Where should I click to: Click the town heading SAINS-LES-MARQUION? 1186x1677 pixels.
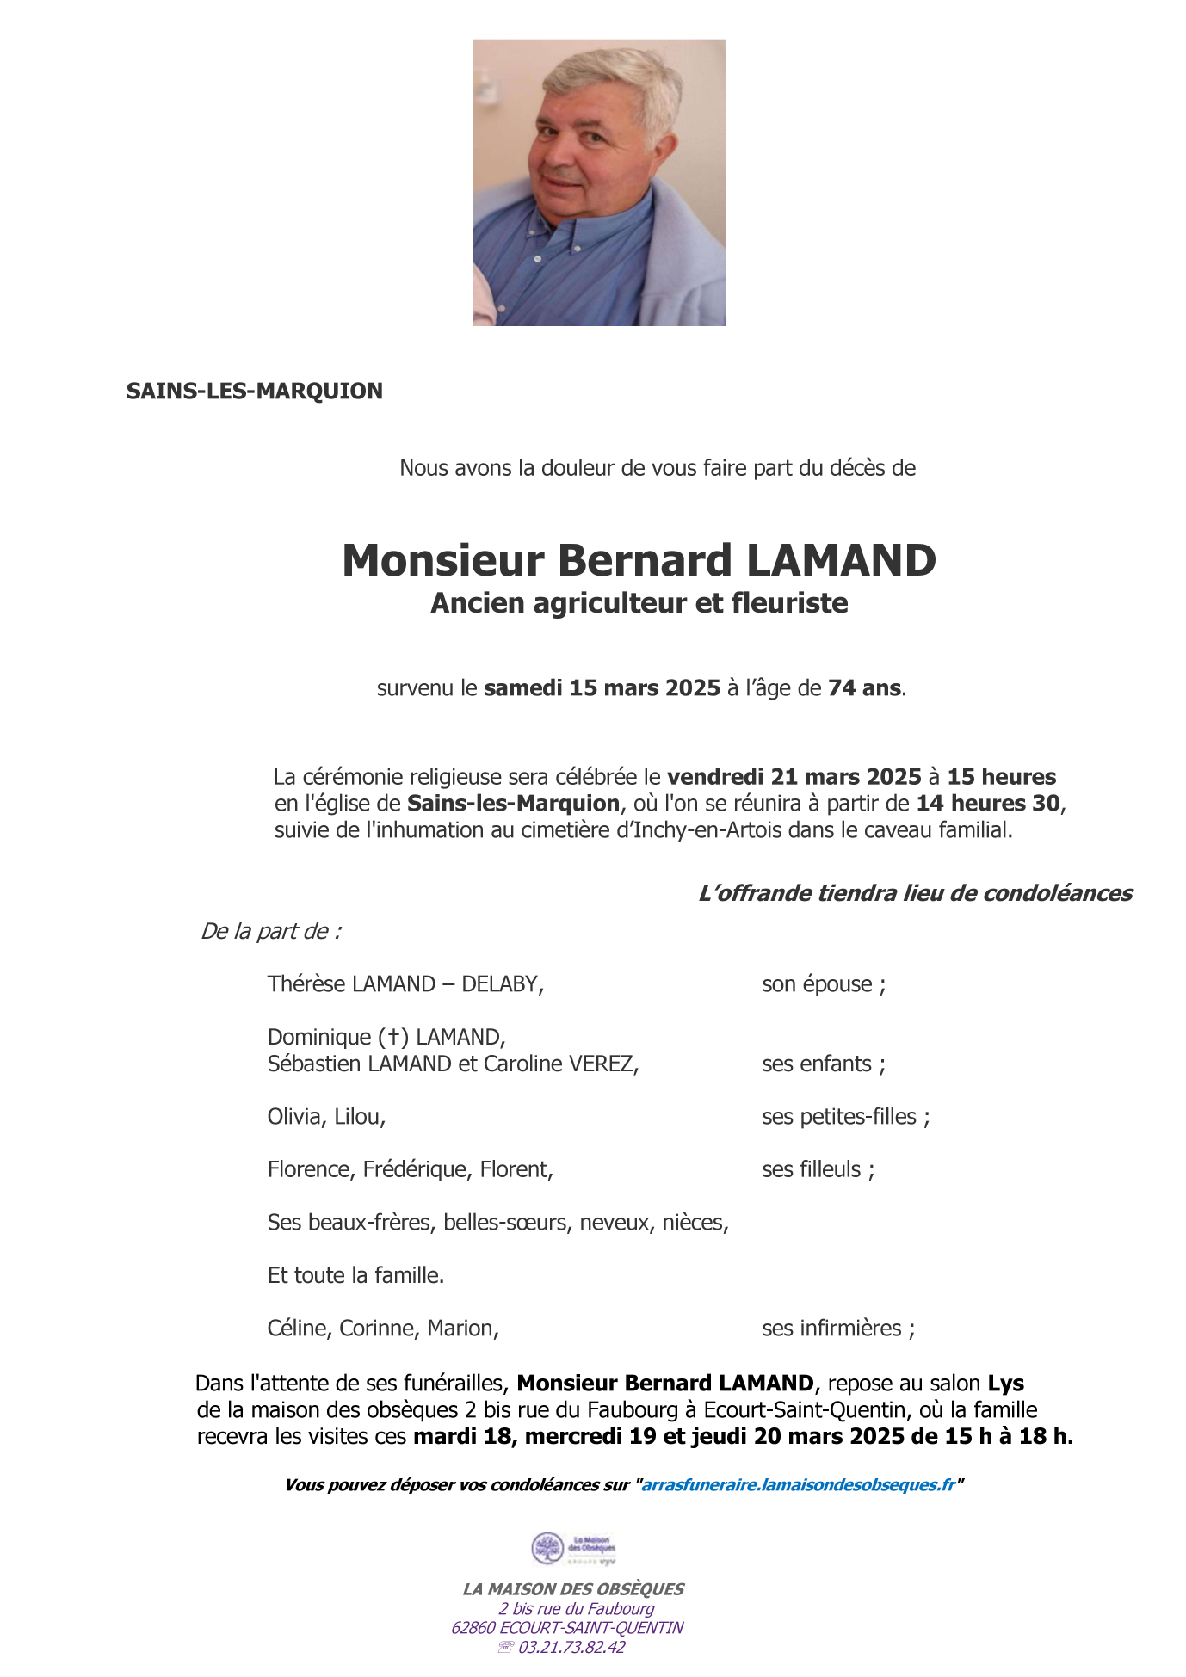[x=254, y=392]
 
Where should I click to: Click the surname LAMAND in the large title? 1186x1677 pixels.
[x=840, y=561]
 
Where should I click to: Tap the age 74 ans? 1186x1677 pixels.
[x=865, y=688]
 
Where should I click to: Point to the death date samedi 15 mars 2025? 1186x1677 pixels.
[x=602, y=688]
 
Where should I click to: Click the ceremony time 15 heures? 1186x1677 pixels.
[x=1001, y=777]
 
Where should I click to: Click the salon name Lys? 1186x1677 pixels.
[x=1005, y=1384]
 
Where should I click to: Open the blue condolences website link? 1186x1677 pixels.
[x=798, y=1485]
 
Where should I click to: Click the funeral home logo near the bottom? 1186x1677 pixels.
[x=573, y=1549]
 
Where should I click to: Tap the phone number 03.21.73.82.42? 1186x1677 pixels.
[x=571, y=1648]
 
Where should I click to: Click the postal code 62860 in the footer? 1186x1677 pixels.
[x=473, y=1628]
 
